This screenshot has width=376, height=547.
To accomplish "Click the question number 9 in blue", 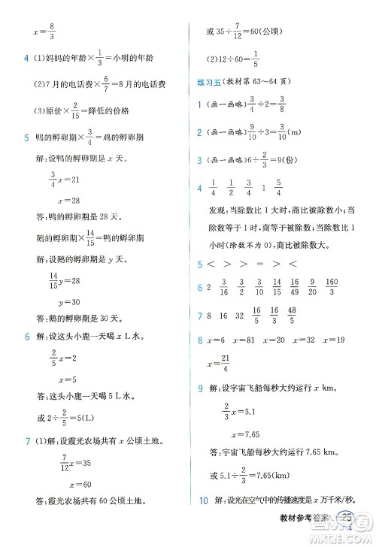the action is point(199,388).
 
